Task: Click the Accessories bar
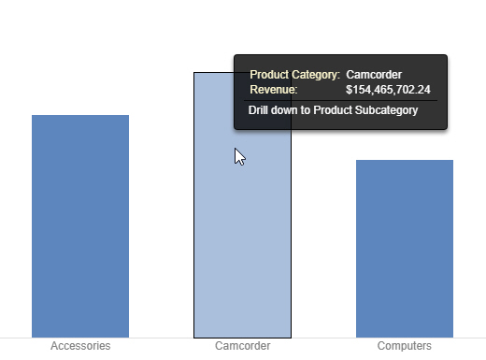pos(80,225)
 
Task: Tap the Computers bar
pos(405,248)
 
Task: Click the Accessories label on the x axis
pos(80,346)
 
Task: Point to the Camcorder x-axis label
pos(242,346)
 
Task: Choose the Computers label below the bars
pos(404,346)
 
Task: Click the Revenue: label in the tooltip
pos(274,90)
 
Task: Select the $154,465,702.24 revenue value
pos(388,90)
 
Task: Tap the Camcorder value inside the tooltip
pos(374,73)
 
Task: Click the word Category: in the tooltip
pos(316,73)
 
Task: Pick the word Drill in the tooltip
pos(258,110)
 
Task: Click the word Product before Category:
pos(269,73)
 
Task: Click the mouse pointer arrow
pos(239,156)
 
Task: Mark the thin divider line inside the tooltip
pos(340,100)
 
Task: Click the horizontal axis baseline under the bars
pos(140,338)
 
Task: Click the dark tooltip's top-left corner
pos(236,56)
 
